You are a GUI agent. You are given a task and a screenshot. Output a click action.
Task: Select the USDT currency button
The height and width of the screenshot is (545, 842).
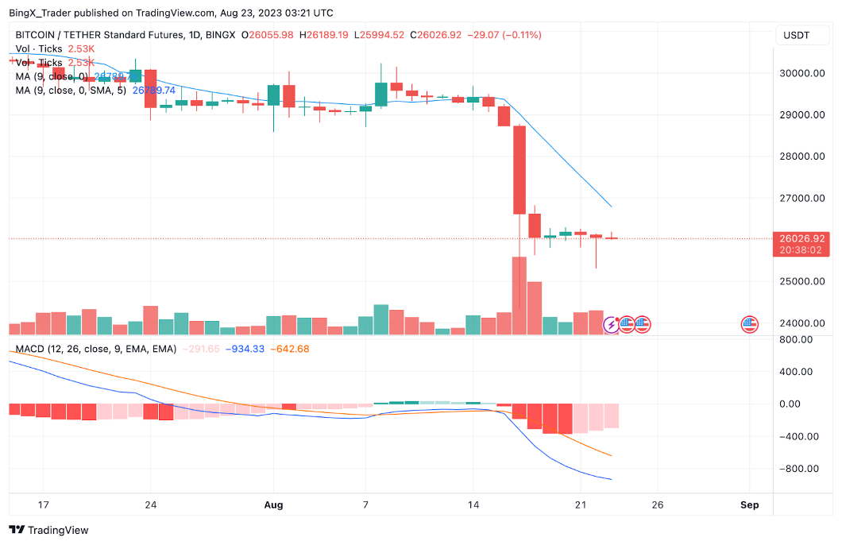[797, 35]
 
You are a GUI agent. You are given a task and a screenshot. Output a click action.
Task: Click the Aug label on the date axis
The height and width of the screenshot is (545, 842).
[273, 504]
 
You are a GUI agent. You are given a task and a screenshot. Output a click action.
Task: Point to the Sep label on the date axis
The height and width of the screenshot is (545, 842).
[749, 504]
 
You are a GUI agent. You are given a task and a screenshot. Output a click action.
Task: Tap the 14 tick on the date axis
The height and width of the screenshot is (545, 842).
[473, 504]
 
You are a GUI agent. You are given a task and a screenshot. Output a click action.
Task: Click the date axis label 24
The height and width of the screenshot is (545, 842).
[150, 504]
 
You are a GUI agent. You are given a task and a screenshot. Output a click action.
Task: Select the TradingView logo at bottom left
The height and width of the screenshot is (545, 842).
[49, 530]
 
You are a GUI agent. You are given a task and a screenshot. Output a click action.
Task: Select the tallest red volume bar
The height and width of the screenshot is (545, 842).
[519, 295]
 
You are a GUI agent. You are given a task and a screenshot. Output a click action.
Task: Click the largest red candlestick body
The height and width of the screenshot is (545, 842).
[519, 169]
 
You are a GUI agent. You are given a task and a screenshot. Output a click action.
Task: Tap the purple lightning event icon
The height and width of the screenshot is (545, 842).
[612, 323]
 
